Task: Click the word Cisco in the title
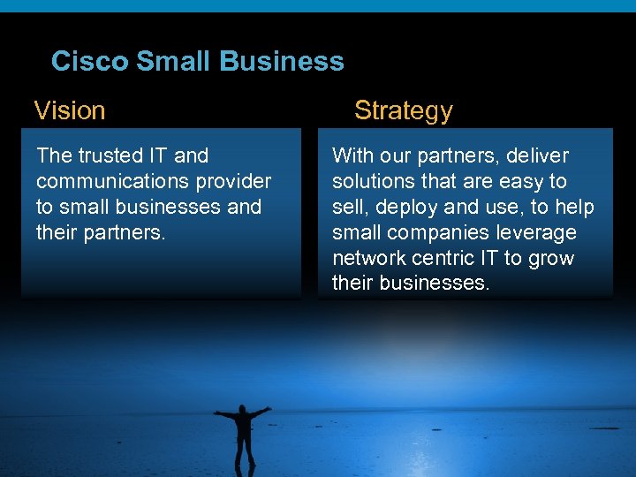(89, 61)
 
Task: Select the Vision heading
(70, 110)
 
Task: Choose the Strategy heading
(403, 110)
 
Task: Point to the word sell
(347, 208)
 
